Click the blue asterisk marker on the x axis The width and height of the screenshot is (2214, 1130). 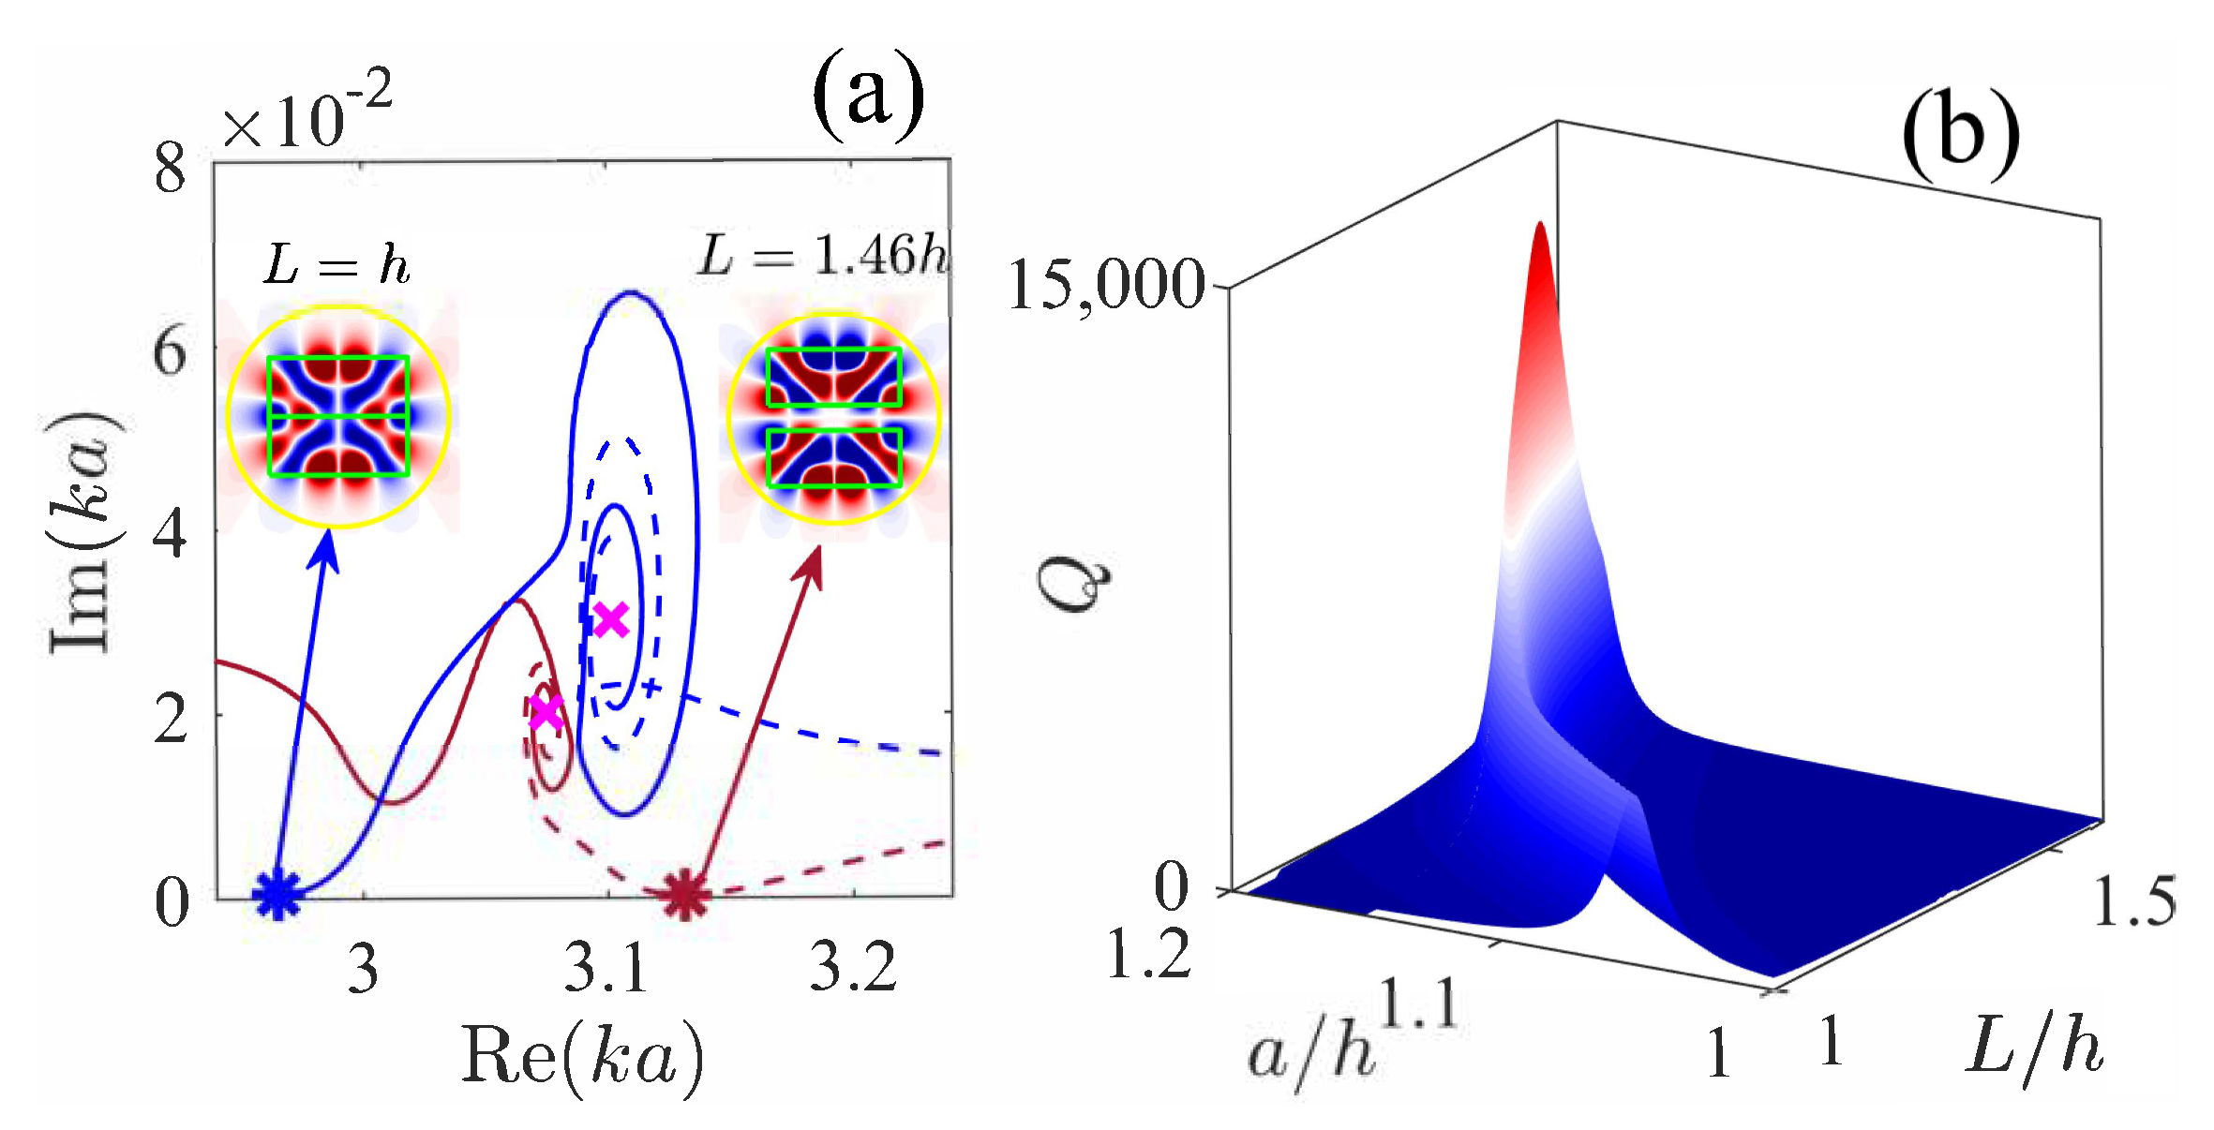(277, 894)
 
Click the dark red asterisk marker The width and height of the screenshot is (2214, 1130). (685, 895)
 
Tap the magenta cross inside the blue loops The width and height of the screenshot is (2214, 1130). (611, 619)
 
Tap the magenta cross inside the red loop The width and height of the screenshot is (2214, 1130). (546, 713)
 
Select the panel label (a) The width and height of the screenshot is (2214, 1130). (868, 97)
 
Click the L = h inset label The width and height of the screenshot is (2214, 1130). (337, 265)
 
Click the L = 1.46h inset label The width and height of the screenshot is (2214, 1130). (823, 255)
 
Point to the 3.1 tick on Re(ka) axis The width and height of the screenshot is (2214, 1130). (606, 968)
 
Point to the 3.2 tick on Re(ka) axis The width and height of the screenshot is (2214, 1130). (852, 968)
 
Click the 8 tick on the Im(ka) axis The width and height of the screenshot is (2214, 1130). (171, 170)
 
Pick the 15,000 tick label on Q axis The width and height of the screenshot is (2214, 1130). (1106, 286)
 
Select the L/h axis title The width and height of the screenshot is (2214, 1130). (2034, 1048)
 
